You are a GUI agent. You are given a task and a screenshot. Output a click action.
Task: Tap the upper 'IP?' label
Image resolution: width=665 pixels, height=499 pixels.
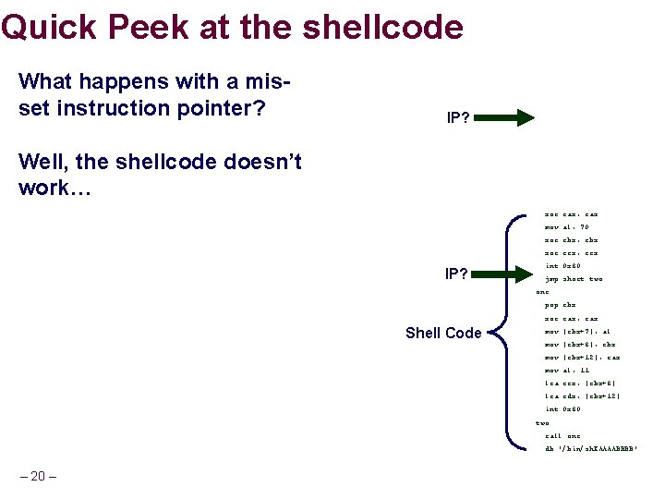457,118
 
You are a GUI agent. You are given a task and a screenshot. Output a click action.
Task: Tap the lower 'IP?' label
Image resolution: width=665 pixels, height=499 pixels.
456,274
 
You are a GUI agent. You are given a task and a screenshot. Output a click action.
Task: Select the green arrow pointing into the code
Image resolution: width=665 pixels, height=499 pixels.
506,273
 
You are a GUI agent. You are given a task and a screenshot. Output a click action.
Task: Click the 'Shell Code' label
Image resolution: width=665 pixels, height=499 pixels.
443,333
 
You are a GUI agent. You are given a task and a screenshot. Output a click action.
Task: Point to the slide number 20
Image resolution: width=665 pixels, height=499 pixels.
38,476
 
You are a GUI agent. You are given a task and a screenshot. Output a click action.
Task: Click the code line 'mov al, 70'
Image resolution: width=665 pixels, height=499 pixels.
566,226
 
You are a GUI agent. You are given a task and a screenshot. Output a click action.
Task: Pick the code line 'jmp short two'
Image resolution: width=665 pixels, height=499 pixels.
573,278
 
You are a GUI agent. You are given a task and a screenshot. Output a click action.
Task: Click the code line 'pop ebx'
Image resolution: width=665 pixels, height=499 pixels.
560,304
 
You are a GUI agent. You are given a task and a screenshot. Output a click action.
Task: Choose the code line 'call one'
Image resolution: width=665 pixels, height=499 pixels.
562,435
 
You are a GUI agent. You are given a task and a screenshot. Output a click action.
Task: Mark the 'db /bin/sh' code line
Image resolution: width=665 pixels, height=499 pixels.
590,449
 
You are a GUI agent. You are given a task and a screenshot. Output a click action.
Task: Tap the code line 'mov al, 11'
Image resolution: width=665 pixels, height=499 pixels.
566,370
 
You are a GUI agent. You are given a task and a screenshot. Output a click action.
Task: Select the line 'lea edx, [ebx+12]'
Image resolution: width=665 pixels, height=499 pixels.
582,396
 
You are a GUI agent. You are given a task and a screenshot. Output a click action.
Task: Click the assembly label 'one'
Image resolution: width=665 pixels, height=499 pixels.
542,291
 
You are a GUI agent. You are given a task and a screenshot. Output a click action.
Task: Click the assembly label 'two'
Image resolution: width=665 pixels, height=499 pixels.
542,422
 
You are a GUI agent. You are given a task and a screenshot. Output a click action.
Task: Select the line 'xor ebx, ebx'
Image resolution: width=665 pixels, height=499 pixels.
571,239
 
